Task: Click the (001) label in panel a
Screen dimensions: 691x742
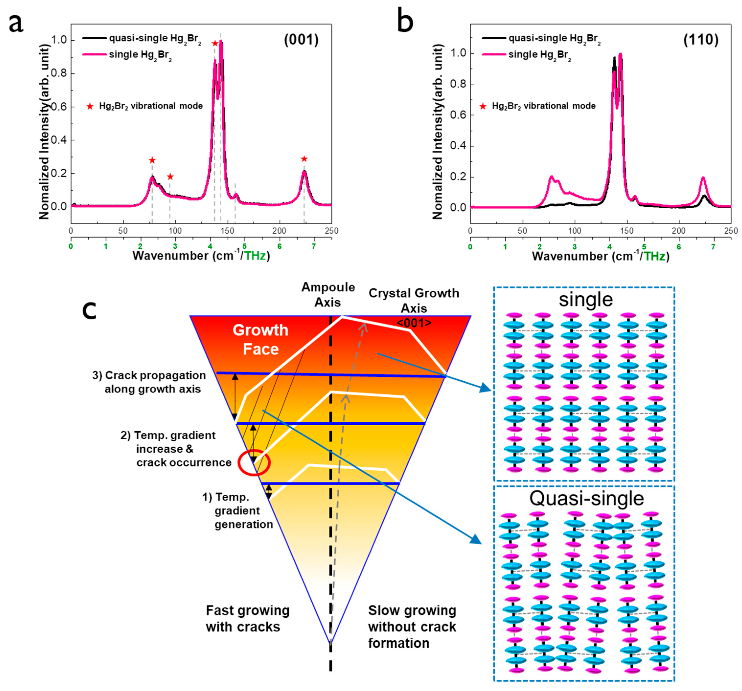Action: tap(301, 40)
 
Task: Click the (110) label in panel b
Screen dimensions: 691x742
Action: tap(701, 40)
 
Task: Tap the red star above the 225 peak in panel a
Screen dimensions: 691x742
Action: tap(304, 159)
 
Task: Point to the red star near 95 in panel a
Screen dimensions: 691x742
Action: tap(170, 177)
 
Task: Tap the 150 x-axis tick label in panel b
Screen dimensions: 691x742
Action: tap(627, 231)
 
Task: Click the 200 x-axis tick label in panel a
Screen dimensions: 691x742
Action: tap(279, 231)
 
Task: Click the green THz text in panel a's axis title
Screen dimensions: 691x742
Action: tap(255, 256)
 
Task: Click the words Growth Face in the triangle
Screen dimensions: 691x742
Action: tap(261, 340)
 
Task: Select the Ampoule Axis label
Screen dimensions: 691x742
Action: tap(328, 294)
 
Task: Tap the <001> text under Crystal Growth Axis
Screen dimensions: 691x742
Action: tap(414, 323)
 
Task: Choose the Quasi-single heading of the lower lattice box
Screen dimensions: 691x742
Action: tap(586, 499)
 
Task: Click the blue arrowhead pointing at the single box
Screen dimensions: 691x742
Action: tap(486, 388)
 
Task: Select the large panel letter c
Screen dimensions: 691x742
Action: tap(89, 310)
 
